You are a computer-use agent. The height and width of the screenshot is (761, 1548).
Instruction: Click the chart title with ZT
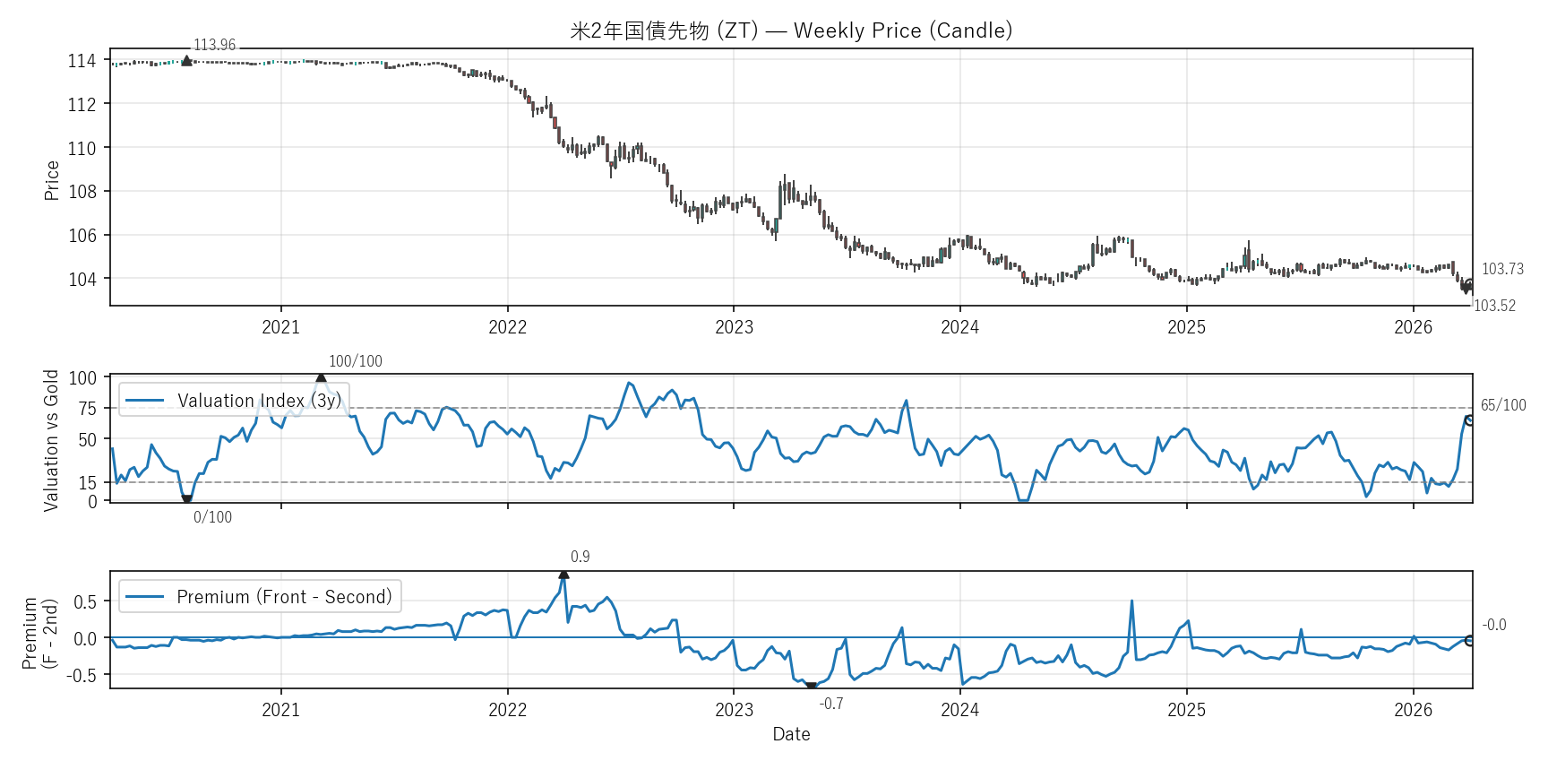click(791, 30)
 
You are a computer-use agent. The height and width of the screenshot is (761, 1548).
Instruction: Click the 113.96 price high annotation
click(215, 45)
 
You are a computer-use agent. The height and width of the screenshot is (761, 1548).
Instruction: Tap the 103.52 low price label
click(1494, 306)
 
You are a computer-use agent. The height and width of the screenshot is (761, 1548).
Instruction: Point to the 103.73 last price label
click(1502, 269)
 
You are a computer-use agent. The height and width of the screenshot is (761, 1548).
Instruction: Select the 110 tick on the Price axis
click(82, 148)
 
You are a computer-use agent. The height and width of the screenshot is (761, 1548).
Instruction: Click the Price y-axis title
click(52, 180)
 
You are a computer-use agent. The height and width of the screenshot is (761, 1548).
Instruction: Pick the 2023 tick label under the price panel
click(734, 327)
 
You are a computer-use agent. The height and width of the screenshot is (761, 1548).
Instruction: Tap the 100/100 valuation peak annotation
click(355, 361)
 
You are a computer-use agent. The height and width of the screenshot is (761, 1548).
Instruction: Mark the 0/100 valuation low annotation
click(212, 517)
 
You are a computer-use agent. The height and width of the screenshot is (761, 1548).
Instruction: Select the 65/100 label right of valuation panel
click(1503, 405)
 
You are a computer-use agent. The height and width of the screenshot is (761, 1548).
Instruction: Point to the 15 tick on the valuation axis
click(88, 483)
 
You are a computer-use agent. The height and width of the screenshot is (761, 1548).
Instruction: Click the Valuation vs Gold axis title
click(51, 440)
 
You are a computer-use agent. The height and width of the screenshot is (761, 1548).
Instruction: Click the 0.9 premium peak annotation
click(580, 557)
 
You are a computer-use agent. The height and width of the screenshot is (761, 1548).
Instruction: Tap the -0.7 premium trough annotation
click(831, 704)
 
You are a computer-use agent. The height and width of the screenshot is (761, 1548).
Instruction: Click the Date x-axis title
click(791, 734)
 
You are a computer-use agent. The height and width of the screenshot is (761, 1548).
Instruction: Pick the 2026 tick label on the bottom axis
click(1413, 710)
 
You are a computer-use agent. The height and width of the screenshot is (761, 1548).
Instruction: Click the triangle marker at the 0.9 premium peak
click(563, 575)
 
